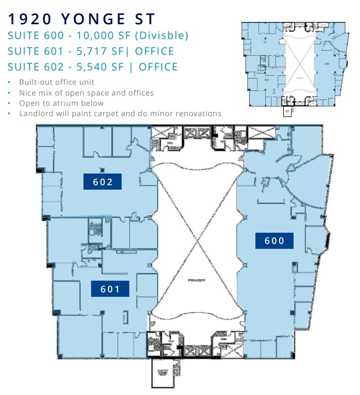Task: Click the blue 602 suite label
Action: [x=103, y=182]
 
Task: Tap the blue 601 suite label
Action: [x=110, y=289]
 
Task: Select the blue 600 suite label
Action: [x=274, y=241]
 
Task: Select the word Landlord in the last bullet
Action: [x=35, y=113]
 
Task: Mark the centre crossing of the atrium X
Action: [x=197, y=243]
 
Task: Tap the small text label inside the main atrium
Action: [x=197, y=282]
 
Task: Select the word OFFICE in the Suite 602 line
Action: [x=158, y=67]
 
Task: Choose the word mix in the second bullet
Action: [x=45, y=93]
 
